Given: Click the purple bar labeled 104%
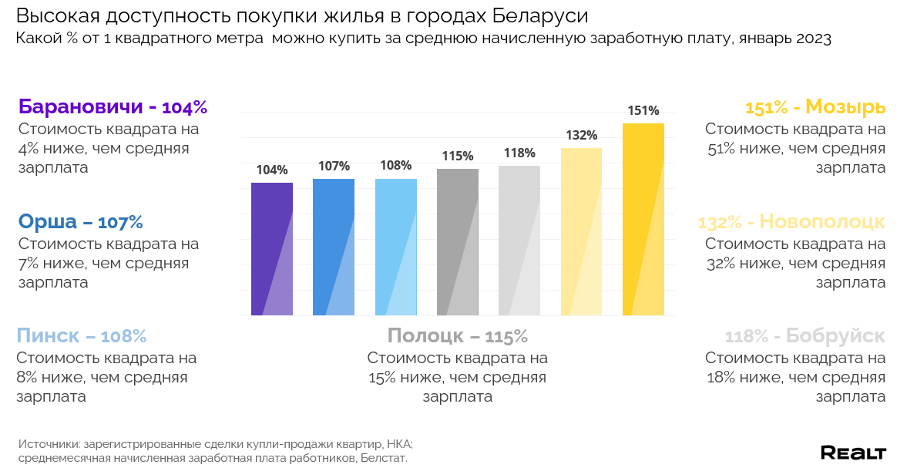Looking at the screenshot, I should click(x=272, y=249).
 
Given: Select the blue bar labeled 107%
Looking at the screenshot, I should click(x=334, y=247).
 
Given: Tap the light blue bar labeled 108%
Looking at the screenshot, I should click(x=396, y=247).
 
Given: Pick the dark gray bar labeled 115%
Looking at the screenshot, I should click(x=458, y=242).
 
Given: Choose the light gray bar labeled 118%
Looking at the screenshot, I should click(x=519, y=241).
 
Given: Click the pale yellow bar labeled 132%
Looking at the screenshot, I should click(x=581, y=231).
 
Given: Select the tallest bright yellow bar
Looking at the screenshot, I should click(x=643, y=219).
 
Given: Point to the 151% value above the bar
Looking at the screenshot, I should click(x=643, y=111).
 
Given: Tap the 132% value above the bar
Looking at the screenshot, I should click(x=581, y=136).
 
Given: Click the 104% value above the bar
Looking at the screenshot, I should click(x=272, y=170).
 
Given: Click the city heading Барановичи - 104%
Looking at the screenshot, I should click(x=113, y=107).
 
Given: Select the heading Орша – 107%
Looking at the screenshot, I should click(x=80, y=222).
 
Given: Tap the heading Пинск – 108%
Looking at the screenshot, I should click(x=81, y=336).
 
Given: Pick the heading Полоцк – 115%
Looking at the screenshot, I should click(x=457, y=336).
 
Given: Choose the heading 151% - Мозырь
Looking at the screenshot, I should click(x=815, y=107).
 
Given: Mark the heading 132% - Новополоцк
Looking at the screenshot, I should click(x=791, y=222).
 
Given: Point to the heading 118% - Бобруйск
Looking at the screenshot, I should click(x=805, y=336).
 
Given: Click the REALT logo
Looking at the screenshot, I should click(x=853, y=453).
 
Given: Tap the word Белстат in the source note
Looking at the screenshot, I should click(x=381, y=458).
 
